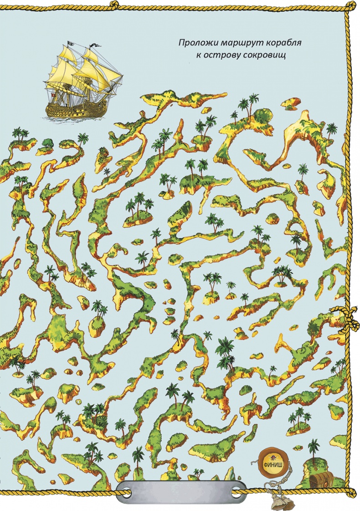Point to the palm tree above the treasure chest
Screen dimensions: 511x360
(314, 447)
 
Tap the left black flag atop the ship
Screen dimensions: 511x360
(70, 43)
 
